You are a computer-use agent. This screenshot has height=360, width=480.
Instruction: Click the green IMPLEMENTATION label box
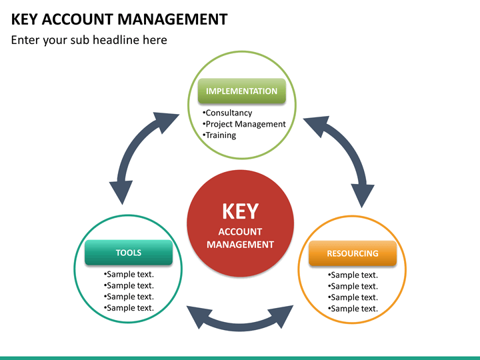(242, 91)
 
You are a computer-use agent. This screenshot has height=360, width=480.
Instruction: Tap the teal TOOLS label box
(129, 252)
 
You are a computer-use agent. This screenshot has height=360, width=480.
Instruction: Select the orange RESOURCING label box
(353, 253)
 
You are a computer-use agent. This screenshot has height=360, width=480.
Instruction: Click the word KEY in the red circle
(240, 211)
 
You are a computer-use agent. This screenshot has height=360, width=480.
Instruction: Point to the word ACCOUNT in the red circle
(240, 232)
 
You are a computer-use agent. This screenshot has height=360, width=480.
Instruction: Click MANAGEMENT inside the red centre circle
(240, 245)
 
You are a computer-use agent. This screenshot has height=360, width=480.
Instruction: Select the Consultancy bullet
(227, 113)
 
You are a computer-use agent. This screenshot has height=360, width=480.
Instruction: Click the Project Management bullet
(244, 124)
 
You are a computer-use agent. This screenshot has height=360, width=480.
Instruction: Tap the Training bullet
(219, 135)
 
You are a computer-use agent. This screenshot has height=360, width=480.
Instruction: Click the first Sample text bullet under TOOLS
(129, 274)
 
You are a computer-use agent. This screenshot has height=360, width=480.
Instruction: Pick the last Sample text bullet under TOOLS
(129, 307)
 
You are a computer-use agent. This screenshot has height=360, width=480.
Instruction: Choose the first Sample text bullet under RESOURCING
(353, 275)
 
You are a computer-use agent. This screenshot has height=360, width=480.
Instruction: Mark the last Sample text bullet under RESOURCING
(353, 309)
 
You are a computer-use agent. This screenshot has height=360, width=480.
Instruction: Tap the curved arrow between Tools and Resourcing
(240, 326)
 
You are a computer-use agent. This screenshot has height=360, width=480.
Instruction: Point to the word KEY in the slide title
(25, 19)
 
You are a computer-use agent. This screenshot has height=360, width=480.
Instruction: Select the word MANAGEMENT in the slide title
(173, 19)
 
